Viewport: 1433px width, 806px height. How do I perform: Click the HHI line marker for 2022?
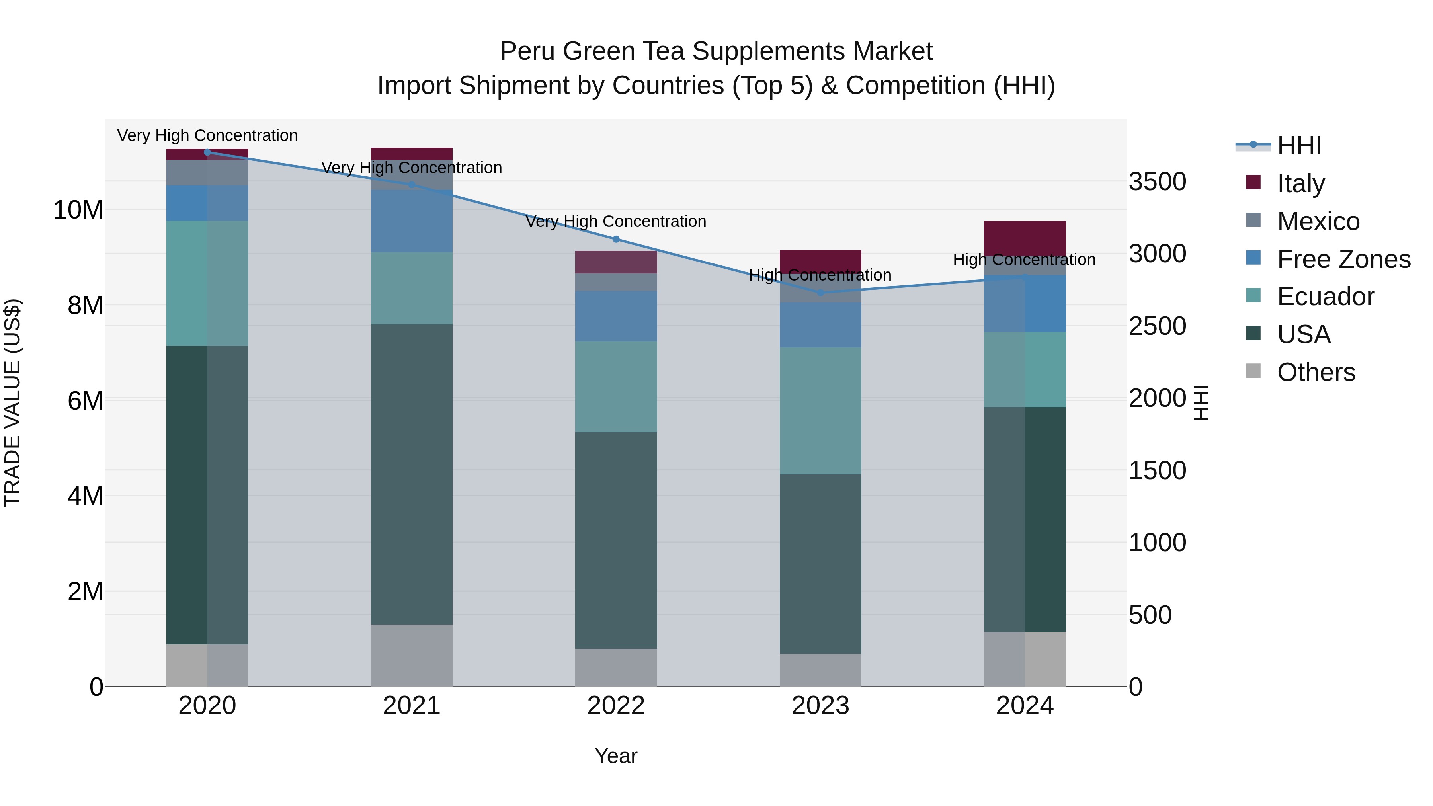point(616,239)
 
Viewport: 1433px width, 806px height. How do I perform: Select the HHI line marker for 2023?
point(820,293)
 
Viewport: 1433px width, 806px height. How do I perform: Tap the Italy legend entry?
point(1300,183)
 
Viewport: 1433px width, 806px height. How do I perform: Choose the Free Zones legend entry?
point(1343,259)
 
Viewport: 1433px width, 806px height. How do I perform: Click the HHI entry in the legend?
point(1298,145)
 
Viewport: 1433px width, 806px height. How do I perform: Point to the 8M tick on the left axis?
point(84,305)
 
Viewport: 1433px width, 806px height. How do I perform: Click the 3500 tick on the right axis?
point(1157,181)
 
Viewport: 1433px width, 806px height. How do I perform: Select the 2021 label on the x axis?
point(412,705)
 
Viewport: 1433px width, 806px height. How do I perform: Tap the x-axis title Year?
point(616,756)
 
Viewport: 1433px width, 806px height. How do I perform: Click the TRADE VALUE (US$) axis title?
point(13,403)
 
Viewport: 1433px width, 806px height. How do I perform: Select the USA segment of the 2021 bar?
point(412,474)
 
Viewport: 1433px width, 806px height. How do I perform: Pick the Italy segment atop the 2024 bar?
point(1025,238)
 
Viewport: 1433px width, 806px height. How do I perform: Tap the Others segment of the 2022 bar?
point(616,667)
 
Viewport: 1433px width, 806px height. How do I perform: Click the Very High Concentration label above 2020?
point(207,135)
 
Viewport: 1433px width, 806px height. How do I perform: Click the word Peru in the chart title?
point(527,51)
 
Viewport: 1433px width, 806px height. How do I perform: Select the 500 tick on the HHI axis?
point(1150,615)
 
